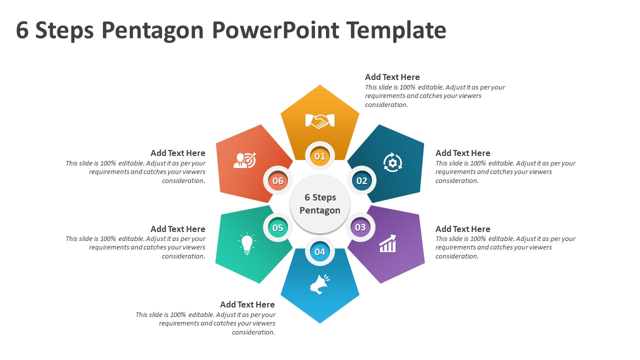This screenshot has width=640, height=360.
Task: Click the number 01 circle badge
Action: click(320, 156)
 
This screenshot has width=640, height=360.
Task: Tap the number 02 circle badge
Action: click(361, 180)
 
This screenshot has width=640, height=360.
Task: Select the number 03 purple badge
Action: click(360, 227)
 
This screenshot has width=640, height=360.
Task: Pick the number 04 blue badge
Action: click(320, 251)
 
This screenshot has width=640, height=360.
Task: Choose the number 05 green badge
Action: click(278, 228)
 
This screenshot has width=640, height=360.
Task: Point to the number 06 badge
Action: click(278, 180)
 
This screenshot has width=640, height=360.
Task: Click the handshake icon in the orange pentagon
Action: click(320, 120)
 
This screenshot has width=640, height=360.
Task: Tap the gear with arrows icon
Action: click(392, 162)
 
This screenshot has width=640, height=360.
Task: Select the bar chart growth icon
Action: click(387, 244)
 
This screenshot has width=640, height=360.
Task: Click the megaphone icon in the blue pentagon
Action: click(319, 283)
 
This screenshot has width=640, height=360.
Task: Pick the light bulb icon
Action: click(247, 244)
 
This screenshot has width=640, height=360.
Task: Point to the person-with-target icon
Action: click(245, 160)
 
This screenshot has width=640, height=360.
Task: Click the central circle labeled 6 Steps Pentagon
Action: click(320, 204)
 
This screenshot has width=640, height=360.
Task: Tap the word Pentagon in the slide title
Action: click(152, 30)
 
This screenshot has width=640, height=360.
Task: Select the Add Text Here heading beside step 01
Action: click(392, 77)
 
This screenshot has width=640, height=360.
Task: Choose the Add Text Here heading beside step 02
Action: click(463, 153)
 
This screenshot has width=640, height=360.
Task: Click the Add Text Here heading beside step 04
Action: click(247, 304)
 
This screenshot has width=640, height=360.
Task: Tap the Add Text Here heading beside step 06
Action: click(178, 153)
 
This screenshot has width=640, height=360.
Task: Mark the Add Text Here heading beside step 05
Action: click(178, 229)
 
